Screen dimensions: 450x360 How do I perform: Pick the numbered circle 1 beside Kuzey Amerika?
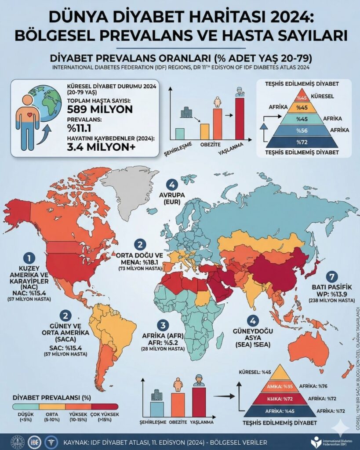tap(29, 258)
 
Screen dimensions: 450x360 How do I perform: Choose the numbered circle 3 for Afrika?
tap(164, 326)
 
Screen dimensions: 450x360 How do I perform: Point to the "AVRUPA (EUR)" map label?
tap(172, 198)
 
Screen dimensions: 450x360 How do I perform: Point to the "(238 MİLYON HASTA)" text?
tap(332, 300)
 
